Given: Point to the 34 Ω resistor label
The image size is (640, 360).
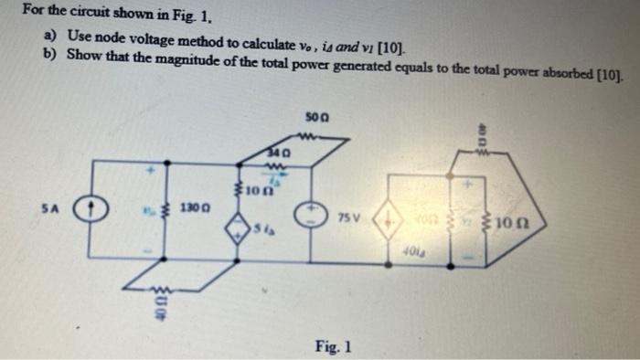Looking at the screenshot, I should pos(280,152).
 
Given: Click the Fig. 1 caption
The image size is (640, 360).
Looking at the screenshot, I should pos(335,346).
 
